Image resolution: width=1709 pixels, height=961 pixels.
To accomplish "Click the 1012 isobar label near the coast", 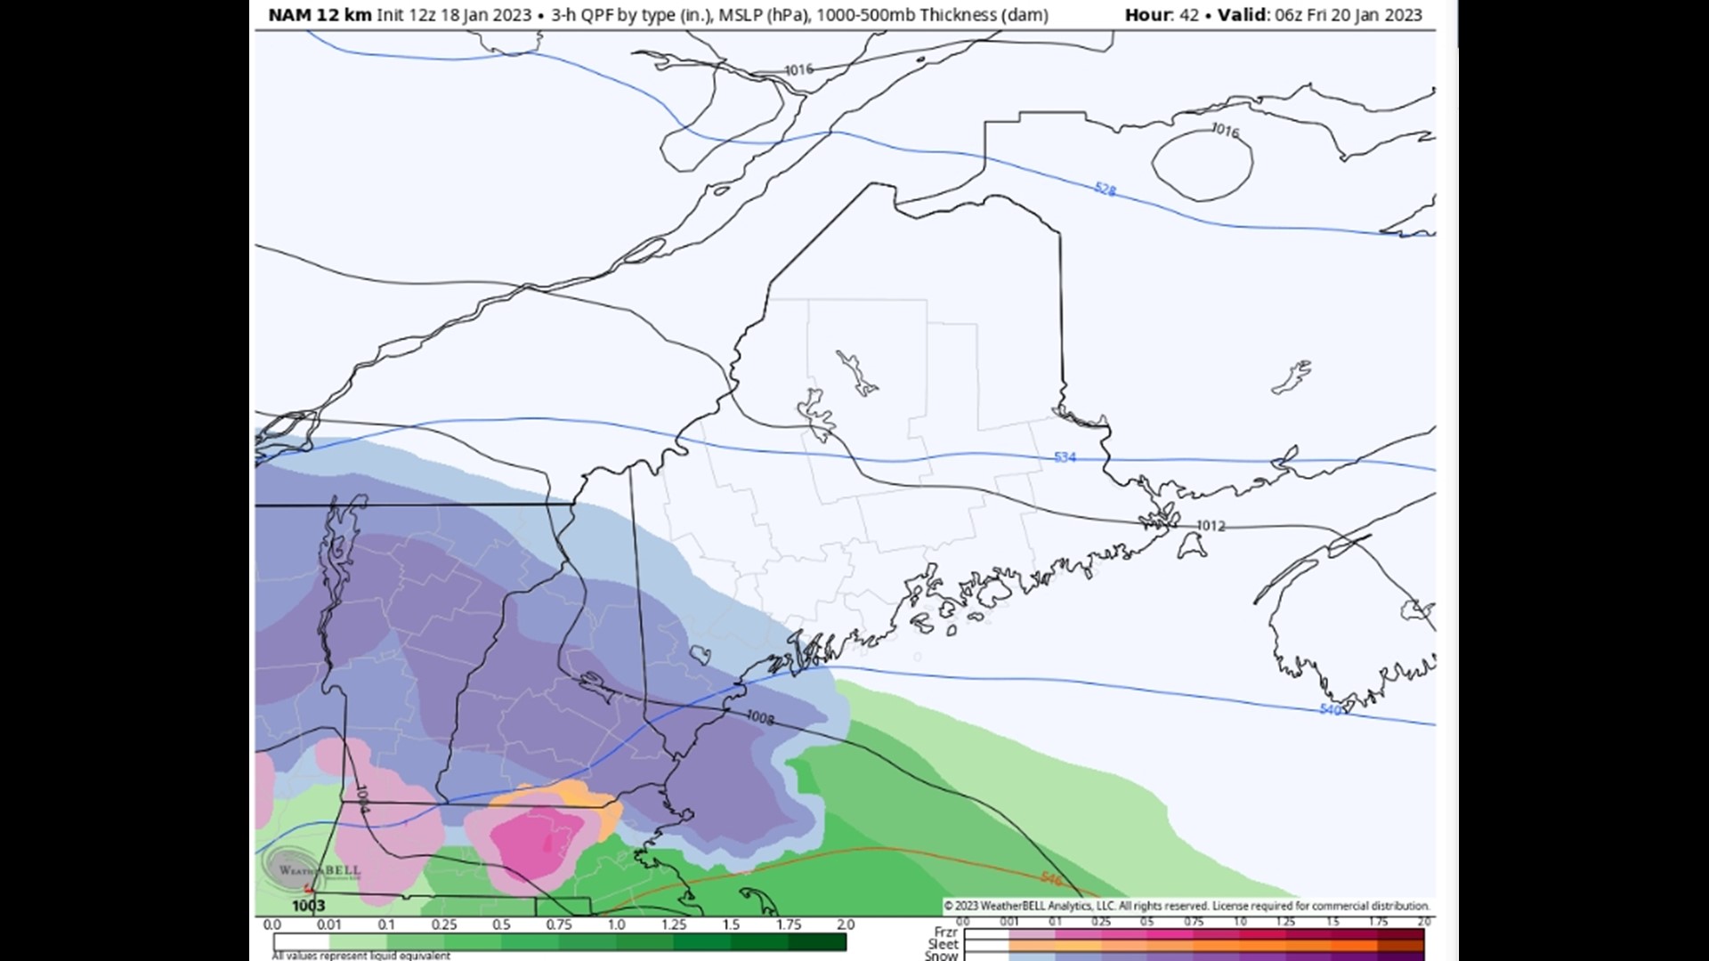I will (1211, 526).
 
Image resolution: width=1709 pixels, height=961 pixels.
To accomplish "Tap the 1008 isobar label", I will (759, 717).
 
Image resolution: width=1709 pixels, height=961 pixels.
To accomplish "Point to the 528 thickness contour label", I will (1105, 190).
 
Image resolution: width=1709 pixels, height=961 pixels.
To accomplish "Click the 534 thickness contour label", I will (1065, 457).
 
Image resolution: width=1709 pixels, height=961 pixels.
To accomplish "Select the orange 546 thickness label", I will (1051, 879).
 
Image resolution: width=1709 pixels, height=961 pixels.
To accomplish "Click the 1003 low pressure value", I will (308, 906).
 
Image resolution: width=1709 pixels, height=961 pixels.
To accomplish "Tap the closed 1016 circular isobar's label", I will (1225, 131).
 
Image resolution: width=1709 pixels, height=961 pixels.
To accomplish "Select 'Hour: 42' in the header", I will (1162, 15).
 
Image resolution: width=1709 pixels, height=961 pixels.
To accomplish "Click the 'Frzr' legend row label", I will (945, 932).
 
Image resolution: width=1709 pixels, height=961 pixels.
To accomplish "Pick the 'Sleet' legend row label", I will (943, 944).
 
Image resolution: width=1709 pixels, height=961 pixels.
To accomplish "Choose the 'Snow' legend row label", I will (941, 956).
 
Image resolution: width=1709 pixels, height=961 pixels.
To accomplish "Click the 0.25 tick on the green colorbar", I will (444, 925).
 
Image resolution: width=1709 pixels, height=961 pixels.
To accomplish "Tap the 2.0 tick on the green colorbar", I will (845, 925).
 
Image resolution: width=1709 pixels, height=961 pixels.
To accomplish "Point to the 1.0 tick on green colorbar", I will (616, 925).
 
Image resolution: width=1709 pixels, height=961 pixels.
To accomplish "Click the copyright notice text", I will (1187, 906).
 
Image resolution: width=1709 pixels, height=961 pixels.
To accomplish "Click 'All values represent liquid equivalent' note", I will (360, 956).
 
